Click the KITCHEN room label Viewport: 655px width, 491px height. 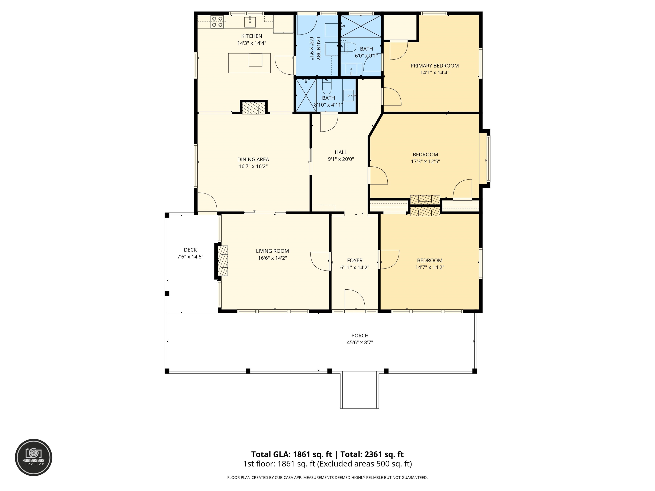(251, 36)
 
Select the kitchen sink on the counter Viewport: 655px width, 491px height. (250, 22)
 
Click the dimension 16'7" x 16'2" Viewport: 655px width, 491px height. (253, 166)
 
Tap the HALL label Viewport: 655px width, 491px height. (341, 152)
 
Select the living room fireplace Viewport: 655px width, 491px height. (222, 261)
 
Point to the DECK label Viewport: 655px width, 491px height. (190, 250)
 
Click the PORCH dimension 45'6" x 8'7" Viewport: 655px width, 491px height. (360, 342)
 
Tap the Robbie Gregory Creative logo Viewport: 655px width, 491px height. (33, 457)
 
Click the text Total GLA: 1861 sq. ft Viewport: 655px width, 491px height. (291, 454)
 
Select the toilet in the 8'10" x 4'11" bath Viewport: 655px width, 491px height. (327, 87)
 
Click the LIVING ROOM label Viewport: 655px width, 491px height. (272, 251)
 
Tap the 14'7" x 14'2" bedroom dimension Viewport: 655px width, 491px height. (430, 267)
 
